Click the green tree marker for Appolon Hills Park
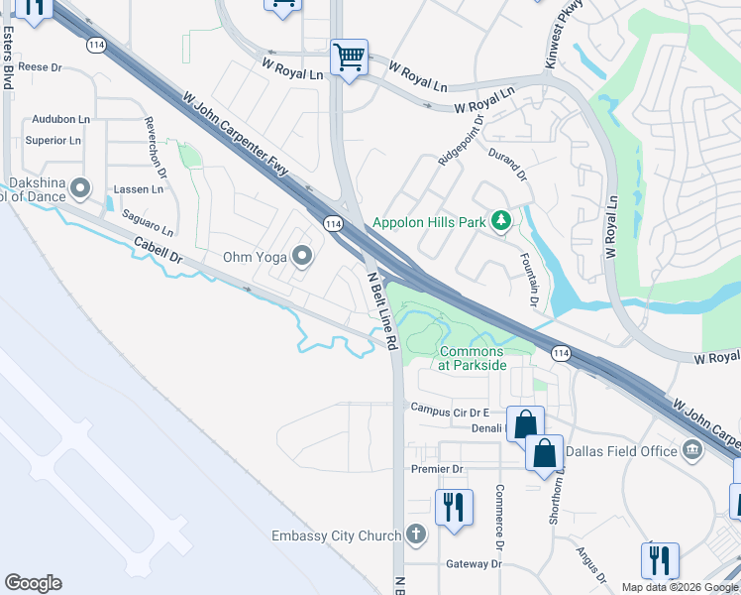tap(501, 221)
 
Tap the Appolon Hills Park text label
tap(430, 222)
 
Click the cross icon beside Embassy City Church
tap(416, 535)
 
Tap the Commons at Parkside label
tap(473, 358)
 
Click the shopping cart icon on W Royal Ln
tap(349, 58)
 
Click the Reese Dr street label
tap(40, 67)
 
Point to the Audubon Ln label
tap(60, 119)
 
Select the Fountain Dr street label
tap(528, 277)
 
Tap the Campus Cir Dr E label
tap(451, 408)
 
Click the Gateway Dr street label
tap(475, 564)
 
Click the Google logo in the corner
tap(34, 583)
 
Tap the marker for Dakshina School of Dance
tap(81, 186)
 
